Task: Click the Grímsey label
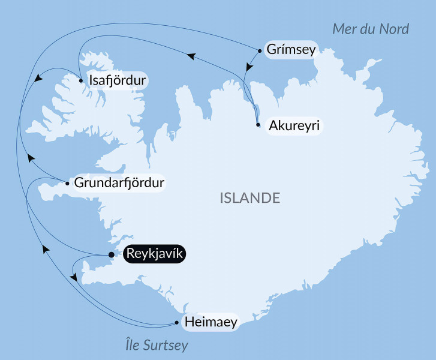(290, 50)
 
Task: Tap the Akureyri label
(293, 126)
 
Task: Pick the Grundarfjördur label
(119, 182)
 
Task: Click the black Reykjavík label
(155, 254)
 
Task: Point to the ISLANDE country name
(250, 197)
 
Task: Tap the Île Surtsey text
(157, 346)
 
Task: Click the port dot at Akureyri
(257, 125)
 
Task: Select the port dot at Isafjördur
(81, 79)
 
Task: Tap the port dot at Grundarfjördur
(67, 183)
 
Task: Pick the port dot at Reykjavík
(111, 255)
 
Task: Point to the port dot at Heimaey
(176, 322)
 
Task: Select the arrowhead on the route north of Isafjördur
(191, 56)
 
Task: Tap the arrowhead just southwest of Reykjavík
(74, 277)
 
